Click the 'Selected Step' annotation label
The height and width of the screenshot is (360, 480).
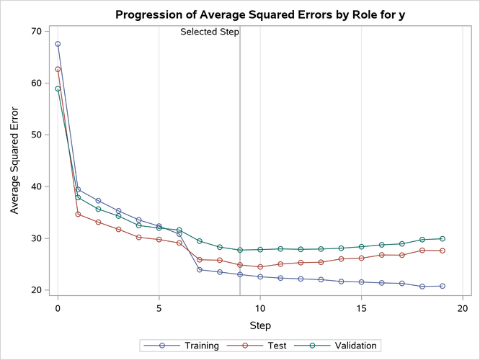click(x=209, y=32)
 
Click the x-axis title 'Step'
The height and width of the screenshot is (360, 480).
click(x=260, y=325)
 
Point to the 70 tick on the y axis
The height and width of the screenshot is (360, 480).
click(x=35, y=32)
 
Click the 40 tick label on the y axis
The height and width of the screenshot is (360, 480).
click(x=35, y=186)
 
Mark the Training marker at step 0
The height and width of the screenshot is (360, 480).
click(x=58, y=44)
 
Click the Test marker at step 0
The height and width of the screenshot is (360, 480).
click(x=58, y=70)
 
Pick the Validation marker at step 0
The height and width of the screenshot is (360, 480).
click(x=58, y=89)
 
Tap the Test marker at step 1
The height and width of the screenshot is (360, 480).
click(x=78, y=215)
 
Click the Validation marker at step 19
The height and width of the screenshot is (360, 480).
click(x=443, y=238)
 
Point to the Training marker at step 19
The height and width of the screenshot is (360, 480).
click(x=443, y=286)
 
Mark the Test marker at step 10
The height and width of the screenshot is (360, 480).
click(x=260, y=267)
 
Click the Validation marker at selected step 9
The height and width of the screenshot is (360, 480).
click(x=240, y=250)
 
